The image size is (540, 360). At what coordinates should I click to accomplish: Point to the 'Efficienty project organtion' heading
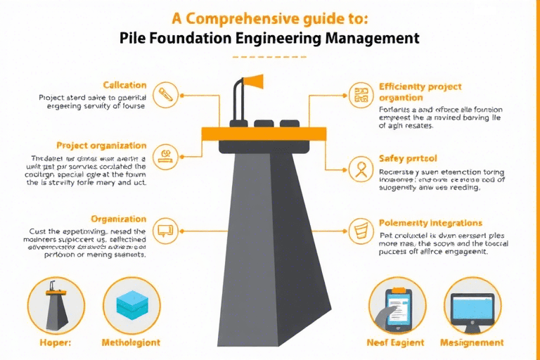click(420, 92)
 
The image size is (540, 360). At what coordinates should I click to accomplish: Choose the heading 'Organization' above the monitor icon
click(120, 218)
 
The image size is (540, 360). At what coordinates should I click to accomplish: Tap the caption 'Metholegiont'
click(132, 342)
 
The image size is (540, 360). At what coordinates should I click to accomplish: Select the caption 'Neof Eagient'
click(396, 342)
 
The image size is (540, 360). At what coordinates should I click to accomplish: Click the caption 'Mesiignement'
click(472, 342)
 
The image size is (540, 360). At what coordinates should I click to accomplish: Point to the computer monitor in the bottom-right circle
click(472, 307)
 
